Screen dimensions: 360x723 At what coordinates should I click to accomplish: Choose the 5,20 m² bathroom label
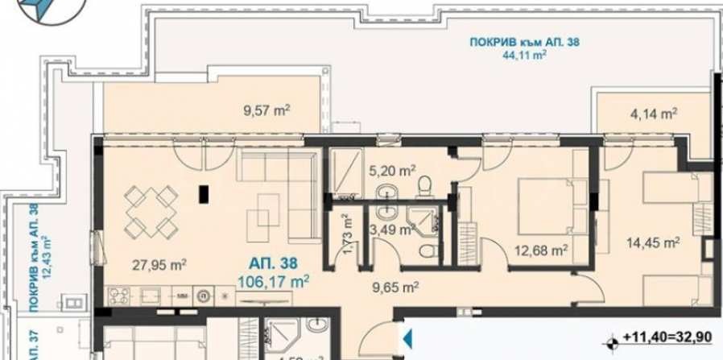point(392,170)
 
